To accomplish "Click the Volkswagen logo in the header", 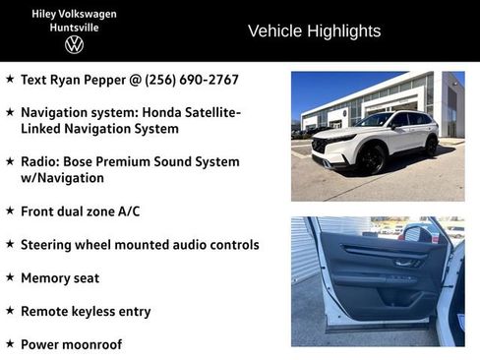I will click(x=74, y=44).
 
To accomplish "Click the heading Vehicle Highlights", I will click(x=314, y=30).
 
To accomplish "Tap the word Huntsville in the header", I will click(x=74, y=27).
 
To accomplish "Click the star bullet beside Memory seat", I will click(x=10, y=277).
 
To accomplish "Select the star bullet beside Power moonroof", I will click(x=10, y=344).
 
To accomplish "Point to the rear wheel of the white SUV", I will click(x=431, y=146).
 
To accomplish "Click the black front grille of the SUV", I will click(x=322, y=146).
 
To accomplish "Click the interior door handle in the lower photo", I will click(x=405, y=263).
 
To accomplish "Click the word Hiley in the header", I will click(x=48, y=14).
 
